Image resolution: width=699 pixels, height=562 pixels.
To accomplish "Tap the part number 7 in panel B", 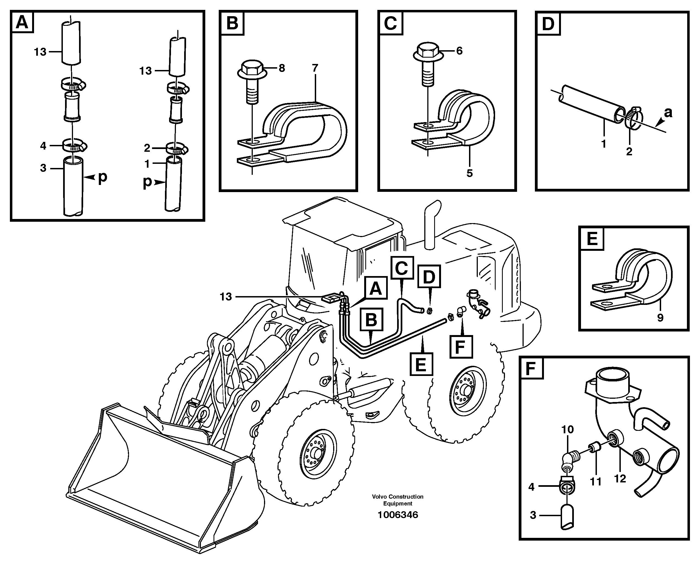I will pos(315,68).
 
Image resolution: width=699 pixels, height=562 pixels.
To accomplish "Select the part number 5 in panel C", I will pos(470,173).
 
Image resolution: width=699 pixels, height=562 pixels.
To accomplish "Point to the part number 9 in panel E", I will pos(660,317).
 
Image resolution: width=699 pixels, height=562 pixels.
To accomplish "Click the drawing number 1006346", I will pos(398,515).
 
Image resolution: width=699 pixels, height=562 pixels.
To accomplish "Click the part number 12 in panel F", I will pos(620,478).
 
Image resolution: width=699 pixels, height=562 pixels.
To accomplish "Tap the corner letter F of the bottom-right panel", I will pos(531,368).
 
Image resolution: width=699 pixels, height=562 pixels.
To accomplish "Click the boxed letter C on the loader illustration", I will pos(402,268).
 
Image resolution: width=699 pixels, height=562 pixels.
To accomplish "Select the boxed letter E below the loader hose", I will pos(421,364).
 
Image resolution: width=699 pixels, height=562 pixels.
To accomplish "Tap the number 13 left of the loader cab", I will pos(226,297).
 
